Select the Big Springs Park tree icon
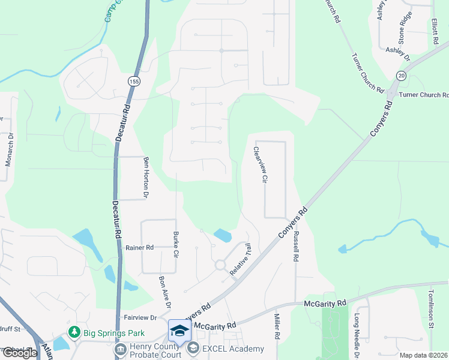[74, 331]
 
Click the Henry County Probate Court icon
[120, 349]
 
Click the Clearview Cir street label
[261, 165]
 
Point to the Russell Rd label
[295, 246]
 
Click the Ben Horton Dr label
[145, 178]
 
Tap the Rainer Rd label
[139, 247]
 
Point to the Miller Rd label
[277, 326]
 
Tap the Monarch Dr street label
[8, 155]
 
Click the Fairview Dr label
[140, 317]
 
